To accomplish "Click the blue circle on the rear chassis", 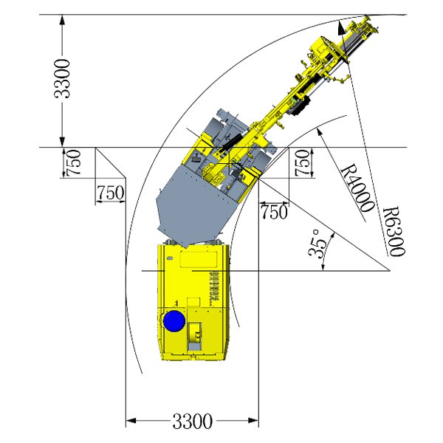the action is click(x=174, y=321).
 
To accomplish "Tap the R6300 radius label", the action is click(x=394, y=232).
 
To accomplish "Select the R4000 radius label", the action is click(x=358, y=189).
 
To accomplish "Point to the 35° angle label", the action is click(x=317, y=243).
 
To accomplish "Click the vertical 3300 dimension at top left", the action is click(x=61, y=78).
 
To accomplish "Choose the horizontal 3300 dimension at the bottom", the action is click(x=192, y=421).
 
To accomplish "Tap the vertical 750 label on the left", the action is click(x=73, y=162).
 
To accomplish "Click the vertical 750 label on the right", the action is click(x=302, y=162).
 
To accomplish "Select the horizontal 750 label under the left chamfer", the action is click(x=111, y=193).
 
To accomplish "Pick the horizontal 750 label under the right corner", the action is click(x=274, y=212).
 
